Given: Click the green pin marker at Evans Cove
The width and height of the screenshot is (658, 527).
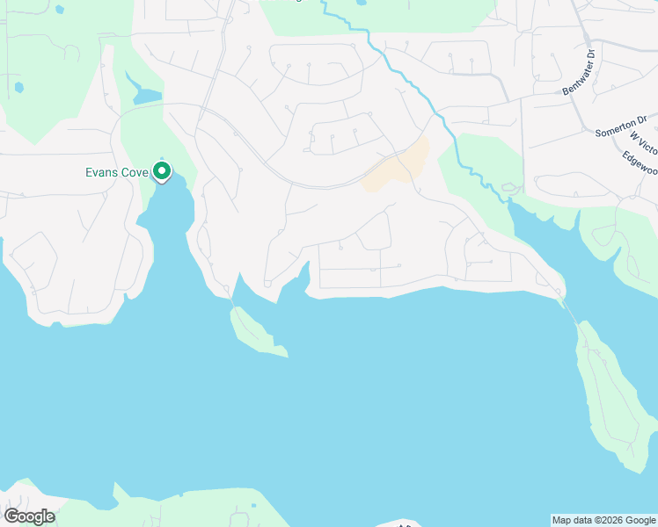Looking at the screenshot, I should (162, 170).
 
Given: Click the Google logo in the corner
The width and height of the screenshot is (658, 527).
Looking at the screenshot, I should (29, 516).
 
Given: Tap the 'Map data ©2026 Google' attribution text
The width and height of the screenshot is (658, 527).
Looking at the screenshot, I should (604, 520).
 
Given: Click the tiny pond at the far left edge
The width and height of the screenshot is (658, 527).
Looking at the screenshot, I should (18, 88).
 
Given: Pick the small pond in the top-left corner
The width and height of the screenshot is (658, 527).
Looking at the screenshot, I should (59, 9).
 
